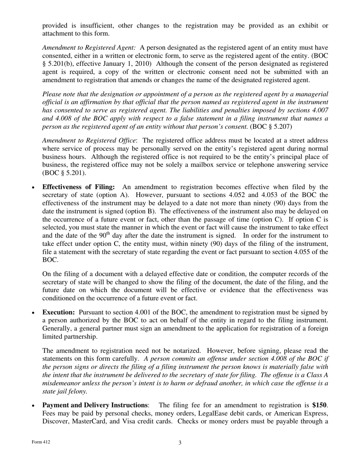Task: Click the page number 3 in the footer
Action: [180, 443]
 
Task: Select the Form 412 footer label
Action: [41, 442]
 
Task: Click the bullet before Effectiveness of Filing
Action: [34, 188]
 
